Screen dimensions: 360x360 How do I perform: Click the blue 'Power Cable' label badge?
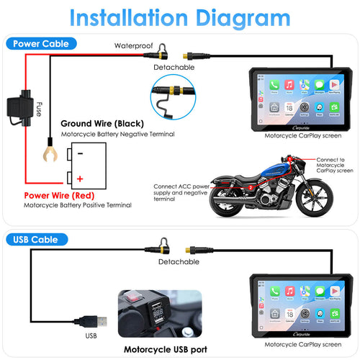point(36,42)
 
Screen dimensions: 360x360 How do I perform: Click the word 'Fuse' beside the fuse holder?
point(40,109)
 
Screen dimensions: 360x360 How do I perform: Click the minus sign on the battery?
point(80,153)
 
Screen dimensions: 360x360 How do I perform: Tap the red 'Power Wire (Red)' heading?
point(58,194)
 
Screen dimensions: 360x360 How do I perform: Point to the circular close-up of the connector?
point(174,99)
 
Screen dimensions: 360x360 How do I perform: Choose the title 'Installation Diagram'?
point(180,16)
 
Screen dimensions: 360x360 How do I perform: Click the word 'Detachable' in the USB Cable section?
point(179,262)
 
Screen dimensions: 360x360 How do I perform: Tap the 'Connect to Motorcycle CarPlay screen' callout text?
point(336,165)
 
